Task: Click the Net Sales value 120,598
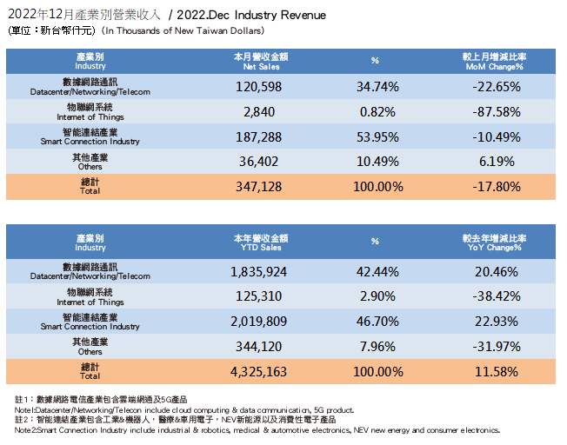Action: (259, 87)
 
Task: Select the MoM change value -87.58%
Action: (492, 111)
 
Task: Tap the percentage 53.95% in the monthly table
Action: (377, 136)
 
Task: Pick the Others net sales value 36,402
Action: (259, 162)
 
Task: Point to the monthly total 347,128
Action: (259, 186)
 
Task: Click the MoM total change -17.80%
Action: (492, 186)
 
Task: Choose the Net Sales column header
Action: (259, 61)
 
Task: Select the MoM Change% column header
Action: (492, 61)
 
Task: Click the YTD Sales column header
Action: (259, 242)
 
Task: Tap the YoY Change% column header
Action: (492, 242)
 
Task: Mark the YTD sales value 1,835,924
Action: (259, 271)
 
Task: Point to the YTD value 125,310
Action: (259, 296)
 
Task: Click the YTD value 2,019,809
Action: (259, 322)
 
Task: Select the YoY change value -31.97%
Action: (492, 347)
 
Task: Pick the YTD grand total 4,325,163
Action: (259, 372)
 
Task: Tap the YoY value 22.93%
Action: (492, 322)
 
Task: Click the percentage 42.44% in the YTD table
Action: (377, 271)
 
